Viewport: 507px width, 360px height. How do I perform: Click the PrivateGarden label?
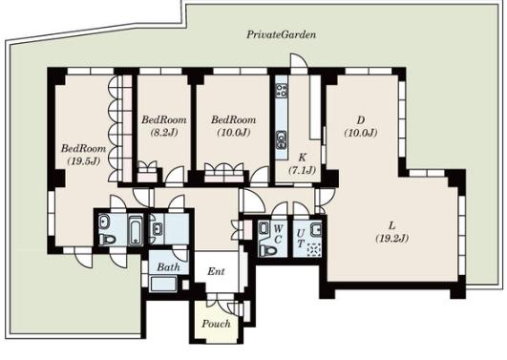[x=281, y=34]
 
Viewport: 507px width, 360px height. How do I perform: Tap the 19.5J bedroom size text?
[x=84, y=161]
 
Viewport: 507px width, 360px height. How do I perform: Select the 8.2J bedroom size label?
[x=164, y=133]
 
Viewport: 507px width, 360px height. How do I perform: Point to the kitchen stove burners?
[x=282, y=91]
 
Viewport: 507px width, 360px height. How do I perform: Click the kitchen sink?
[x=281, y=139]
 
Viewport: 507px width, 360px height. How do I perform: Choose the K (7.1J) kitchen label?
[x=302, y=163]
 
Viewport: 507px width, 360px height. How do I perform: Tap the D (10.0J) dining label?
[x=361, y=126]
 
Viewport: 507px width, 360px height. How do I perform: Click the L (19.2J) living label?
[x=392, y=232]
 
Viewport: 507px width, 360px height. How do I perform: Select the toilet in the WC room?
[x=268, y=250]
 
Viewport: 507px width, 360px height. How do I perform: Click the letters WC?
[x=279, y=234]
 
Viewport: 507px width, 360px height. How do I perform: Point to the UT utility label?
[x=301, y=238]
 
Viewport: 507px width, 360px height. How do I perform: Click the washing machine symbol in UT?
[x=314, y=249]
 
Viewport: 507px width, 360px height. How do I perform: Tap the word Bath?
[x=168, y=266]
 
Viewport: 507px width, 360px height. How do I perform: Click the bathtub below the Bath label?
[x=164, y=284]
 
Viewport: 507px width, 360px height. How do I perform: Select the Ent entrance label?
[x=216, y=271]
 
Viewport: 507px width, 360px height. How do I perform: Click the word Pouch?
[x=216, y=324]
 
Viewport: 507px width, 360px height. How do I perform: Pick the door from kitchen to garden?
[x=299, y=61]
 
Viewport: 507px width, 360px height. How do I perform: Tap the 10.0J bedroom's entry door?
[x=260, y=176]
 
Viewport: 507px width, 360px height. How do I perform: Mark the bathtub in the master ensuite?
[x=136, y=229]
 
